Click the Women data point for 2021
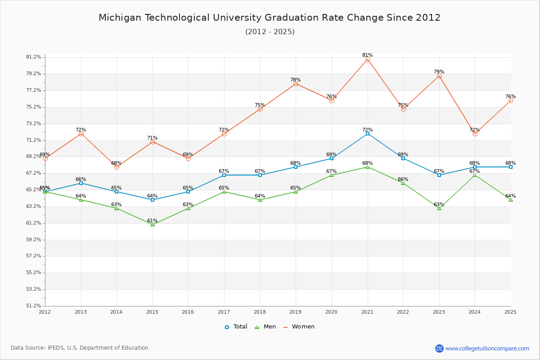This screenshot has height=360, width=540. pos(368,59)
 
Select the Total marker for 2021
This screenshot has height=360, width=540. pos(368,134)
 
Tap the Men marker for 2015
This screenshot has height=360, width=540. pos(153,225)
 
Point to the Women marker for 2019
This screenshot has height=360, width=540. pos(296,84)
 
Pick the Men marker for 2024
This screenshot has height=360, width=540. pos(475,175)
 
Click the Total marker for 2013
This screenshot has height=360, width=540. pos(81,183)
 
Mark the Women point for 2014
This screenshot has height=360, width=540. pos(117,167)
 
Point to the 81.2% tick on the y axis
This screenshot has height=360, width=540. pos(34,57)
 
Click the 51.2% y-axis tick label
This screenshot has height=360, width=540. pos(34,306)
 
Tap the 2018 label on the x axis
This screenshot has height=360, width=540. pos(260,312)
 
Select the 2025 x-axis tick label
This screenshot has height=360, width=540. pos(510,312)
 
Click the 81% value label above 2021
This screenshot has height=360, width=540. pos(367,55)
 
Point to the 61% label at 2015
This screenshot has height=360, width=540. pos(152,221)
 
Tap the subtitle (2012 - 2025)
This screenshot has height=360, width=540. pos(270,32)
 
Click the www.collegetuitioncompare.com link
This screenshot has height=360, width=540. pos(487,348)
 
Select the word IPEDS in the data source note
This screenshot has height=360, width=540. pos(57,348)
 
